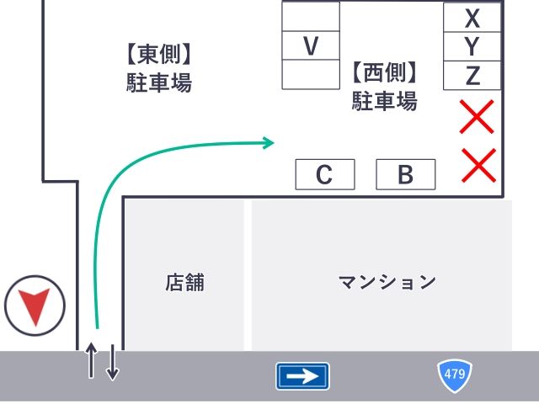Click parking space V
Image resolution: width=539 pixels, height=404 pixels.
point(311,45)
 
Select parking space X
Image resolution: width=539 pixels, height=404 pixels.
point(472,17)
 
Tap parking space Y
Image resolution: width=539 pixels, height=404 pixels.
point(472,45)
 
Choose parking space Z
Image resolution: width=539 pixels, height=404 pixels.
point(472,76)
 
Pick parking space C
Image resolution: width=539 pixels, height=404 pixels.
point(324,175)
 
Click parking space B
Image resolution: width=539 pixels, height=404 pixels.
point(405,175)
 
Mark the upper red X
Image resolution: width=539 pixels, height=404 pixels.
point(477,117)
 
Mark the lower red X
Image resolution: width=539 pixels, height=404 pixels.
point(479,164)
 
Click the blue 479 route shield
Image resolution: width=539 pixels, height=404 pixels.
point(455,375)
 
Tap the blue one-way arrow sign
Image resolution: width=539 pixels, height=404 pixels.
point(302,376)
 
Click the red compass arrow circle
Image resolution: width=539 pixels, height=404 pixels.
point(34,306)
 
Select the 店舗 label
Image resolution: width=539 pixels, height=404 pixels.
point(184,282)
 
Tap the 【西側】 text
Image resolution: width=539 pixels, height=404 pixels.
point(385,72)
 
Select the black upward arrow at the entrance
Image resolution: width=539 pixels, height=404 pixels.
point(92,361)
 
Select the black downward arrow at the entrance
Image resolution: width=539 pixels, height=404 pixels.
point(113,363)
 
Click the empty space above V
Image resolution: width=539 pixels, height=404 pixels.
point(311,16)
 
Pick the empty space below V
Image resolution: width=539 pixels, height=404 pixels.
point(311,74)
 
